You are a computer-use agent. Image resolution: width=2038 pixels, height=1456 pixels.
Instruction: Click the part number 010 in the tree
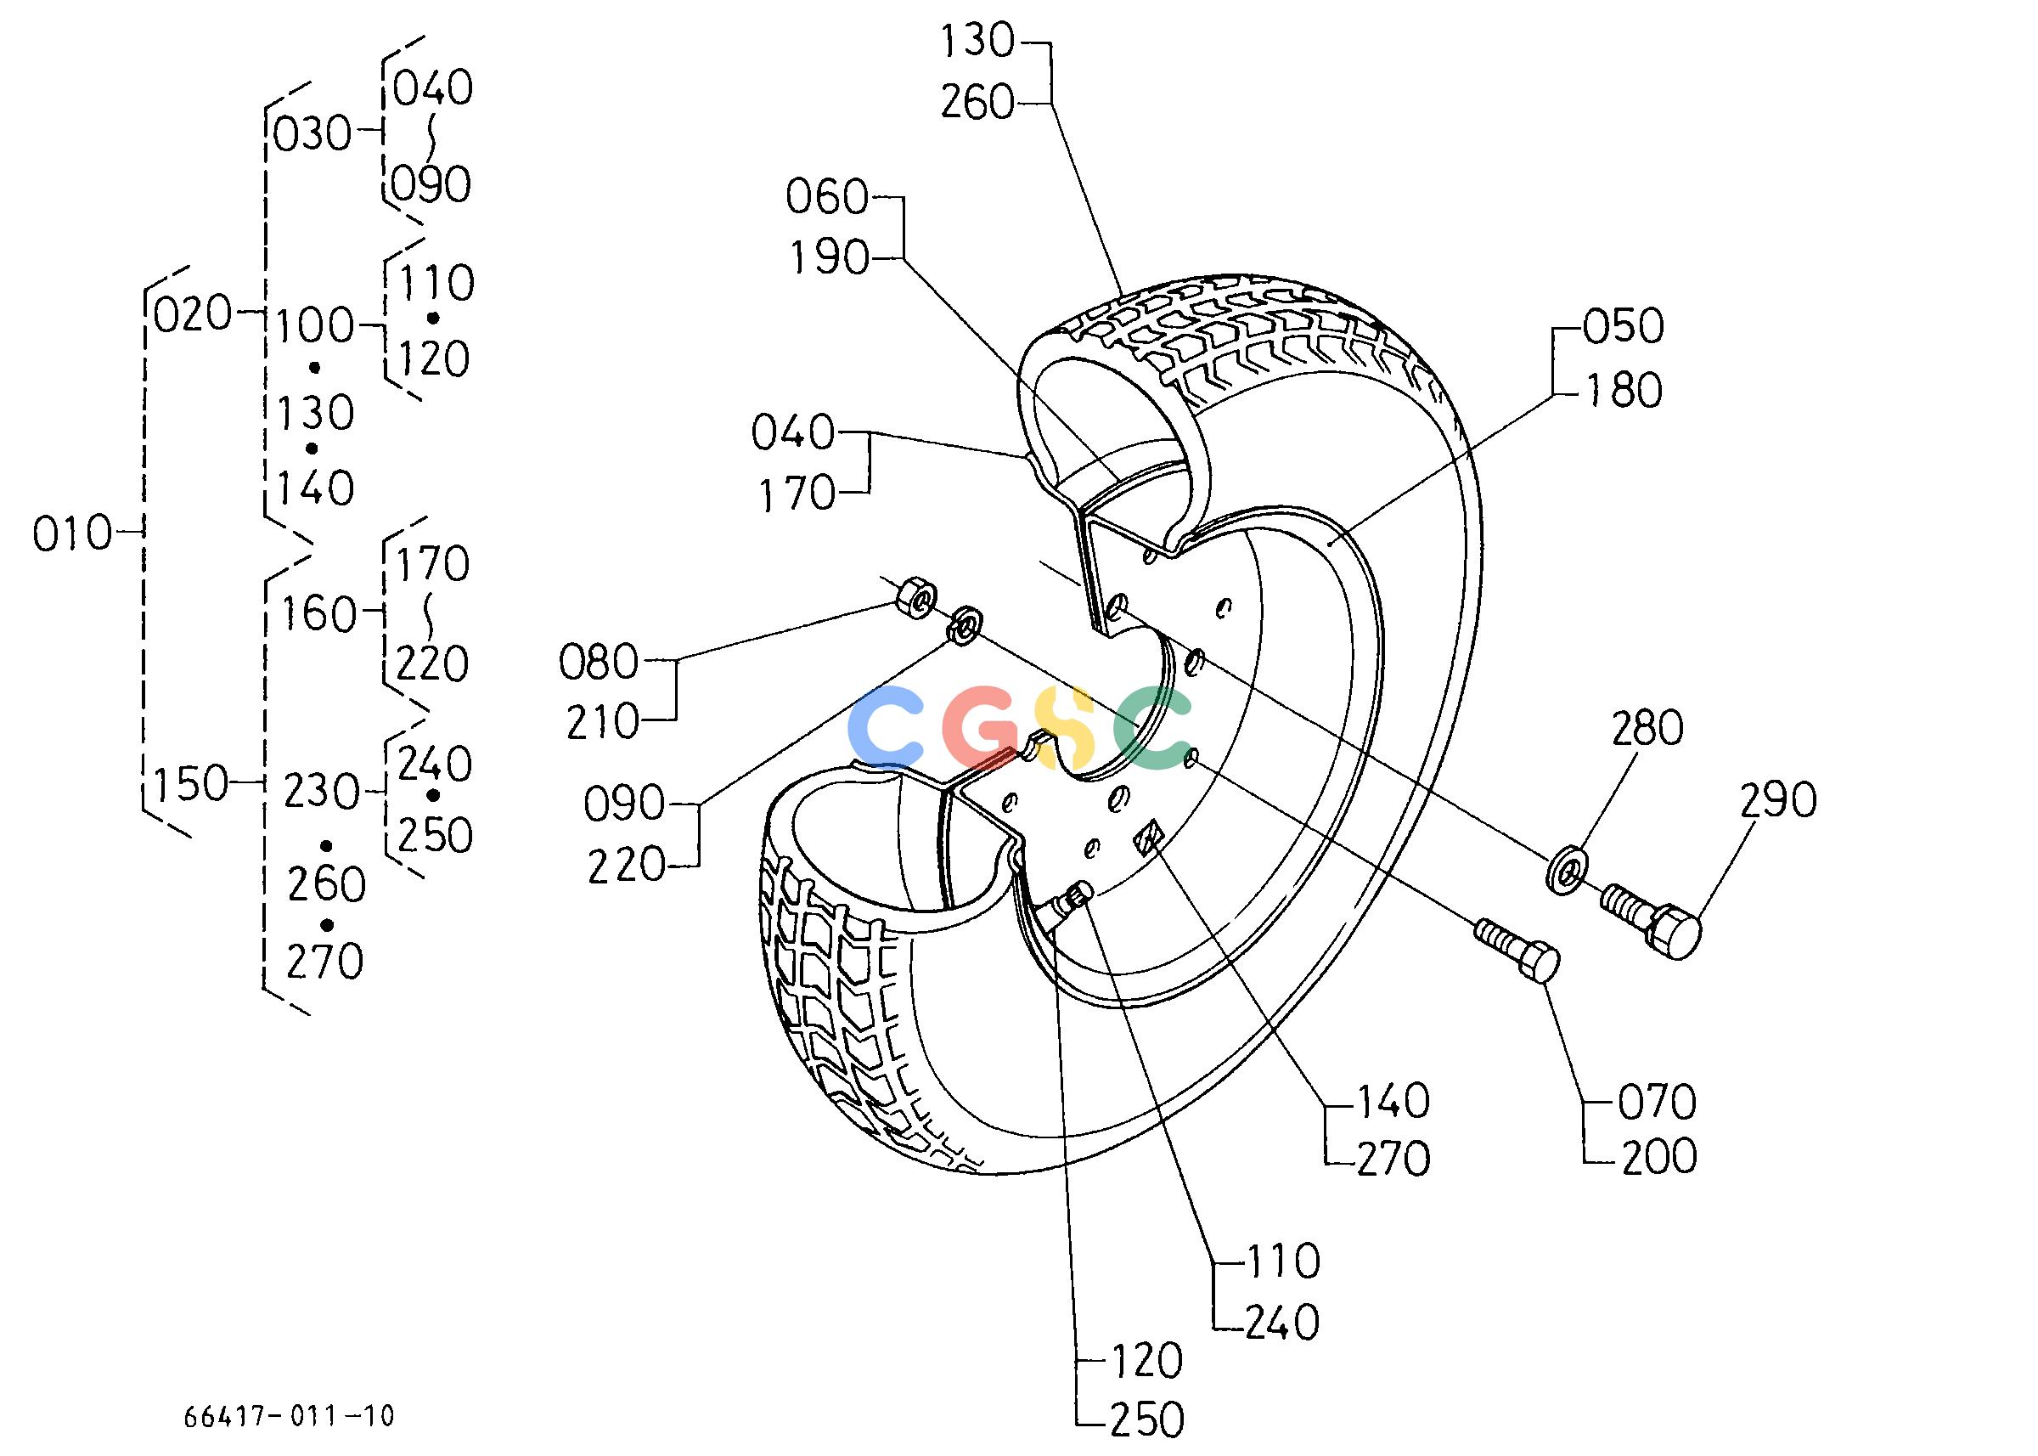click(x=72, y=535)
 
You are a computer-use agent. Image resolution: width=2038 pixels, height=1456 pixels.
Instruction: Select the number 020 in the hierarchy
click(x=193, y=313)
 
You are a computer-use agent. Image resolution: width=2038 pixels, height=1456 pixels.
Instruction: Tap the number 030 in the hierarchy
click(x=312, y=134)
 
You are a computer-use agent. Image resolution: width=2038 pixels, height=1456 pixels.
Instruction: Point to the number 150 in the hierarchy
click(x=191, y=784)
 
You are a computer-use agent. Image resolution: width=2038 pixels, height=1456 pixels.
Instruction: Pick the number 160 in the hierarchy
click(x=319, y=615)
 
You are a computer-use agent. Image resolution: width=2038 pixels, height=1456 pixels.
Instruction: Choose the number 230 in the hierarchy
click(x=322, y=792)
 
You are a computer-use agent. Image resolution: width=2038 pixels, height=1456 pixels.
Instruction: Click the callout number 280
click(x=1647, y=728)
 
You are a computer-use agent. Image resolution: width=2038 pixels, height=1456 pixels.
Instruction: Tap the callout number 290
click(x=1778, y=799)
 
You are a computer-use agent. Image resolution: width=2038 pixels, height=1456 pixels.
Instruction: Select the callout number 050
click(x=1623, y=326)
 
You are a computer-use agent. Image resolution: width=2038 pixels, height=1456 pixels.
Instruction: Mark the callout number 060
click(x=827, y=197)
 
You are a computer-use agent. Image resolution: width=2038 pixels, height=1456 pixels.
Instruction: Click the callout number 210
click(x=603, y=721)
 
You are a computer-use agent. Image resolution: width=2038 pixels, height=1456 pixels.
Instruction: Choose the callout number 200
click(x=1658, y=1156)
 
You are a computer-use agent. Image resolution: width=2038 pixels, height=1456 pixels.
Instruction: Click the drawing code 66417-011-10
click(x=289, y=1416)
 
